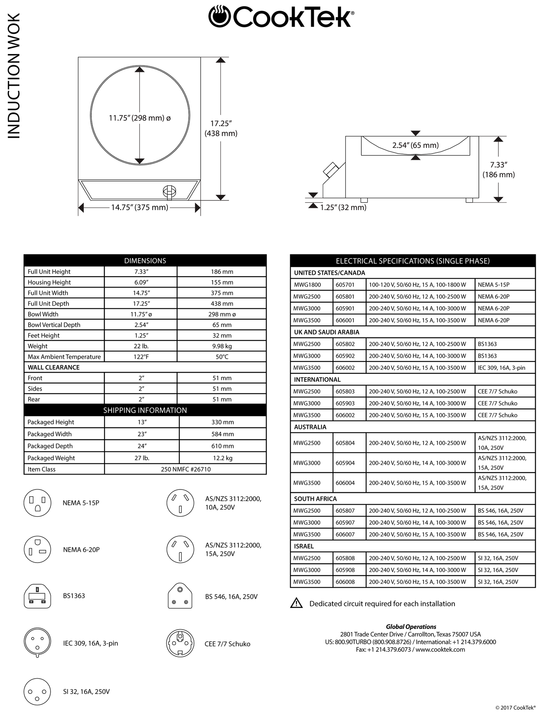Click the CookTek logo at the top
pyautogui.click(x=281, y=16)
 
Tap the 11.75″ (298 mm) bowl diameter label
pyautogui.click(x=140, y=118)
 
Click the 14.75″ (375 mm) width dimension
pyautogui.click(x=139, y=207)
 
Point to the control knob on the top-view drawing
pyautogui.click(x=169, y=191)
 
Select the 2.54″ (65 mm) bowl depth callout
pyautogui.click(x=415, y=145)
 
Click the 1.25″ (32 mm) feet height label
pyautogui.click(x=343, y=207)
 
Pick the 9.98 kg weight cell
pyautogui.click(x=222, y=346)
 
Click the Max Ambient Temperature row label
pyautogui.click(x=64, y=357)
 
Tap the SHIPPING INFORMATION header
pyautogui.click(x=145, y=410)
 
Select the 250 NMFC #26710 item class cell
pyautogui.click(x=185, y=469)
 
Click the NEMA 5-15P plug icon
pyautogui.click(x=37, y=503)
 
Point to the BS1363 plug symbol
pyautogui.click(x=37, y=596)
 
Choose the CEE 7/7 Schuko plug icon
pyautogui.click(x=180, y=643)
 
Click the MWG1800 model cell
pyautogui.click(x=307, y=285)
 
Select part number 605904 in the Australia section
pyautogui.click(x=345, y=463)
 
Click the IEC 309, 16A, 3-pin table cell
pyautogui.click(x=501, y=367)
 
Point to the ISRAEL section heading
pyautogui.click(x=304, y=546)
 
